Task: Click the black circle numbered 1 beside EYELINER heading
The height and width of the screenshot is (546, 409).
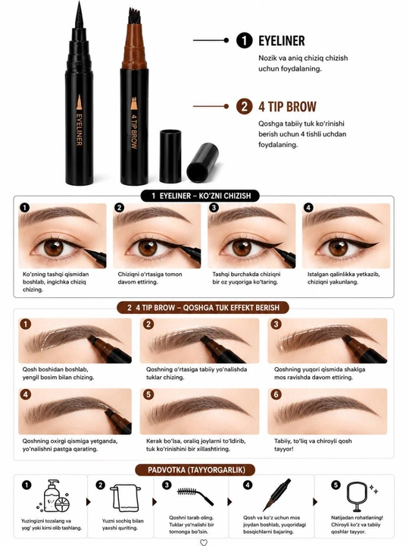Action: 245,40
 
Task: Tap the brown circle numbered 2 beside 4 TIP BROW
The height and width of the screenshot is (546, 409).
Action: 245,106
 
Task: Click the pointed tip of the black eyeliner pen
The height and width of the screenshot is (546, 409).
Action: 79,3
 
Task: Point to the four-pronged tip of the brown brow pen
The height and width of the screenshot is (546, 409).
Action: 134,16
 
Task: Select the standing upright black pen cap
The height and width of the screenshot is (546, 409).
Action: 170,156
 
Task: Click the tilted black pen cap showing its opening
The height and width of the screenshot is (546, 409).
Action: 203,163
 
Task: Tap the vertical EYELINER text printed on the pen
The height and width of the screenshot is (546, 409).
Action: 79,130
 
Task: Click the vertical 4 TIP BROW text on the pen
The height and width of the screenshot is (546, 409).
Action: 134,132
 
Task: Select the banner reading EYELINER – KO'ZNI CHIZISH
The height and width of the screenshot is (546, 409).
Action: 200,196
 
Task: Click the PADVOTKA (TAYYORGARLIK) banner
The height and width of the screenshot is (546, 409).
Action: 196,469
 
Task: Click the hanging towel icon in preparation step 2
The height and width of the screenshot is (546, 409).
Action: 126,498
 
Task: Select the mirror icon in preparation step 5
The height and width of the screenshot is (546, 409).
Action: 357,497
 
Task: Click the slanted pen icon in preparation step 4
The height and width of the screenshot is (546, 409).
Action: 276,494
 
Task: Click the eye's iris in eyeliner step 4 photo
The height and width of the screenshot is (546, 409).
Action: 339,248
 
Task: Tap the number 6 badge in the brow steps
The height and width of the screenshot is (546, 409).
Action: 276,394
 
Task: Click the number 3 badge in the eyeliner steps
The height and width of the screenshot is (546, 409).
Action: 214,208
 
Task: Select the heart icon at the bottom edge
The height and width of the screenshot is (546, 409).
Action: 204,542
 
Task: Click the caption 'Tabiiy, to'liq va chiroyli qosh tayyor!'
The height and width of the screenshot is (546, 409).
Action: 313,444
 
